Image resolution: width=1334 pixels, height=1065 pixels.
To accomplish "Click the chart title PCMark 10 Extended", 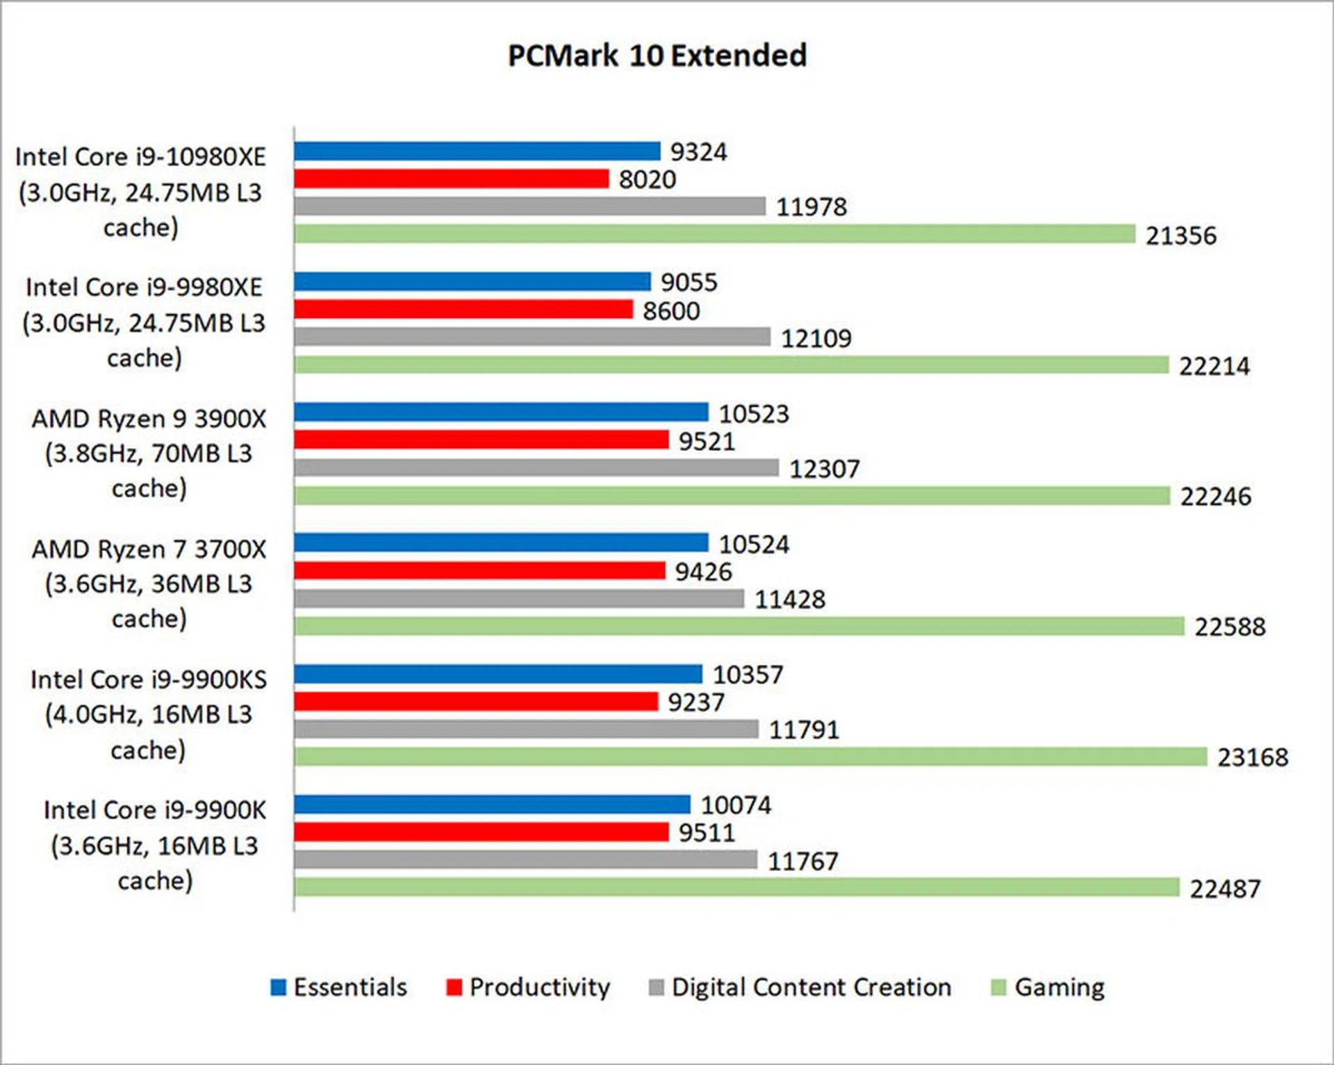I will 657,56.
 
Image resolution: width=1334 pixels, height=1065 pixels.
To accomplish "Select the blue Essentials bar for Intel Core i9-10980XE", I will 477,151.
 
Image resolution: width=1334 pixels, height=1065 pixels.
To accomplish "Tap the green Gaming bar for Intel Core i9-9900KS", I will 750,757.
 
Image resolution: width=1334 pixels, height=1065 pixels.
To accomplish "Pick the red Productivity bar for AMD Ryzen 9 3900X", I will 481,440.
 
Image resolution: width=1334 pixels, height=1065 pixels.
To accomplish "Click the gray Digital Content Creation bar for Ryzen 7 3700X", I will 519,598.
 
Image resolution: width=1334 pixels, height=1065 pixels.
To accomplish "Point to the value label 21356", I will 1180,236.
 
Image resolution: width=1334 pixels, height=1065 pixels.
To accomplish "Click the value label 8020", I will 647,179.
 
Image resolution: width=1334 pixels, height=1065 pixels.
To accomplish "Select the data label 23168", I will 1252,757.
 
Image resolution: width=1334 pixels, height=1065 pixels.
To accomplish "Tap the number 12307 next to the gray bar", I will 824,469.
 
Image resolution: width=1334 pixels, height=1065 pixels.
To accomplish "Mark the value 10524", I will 753,544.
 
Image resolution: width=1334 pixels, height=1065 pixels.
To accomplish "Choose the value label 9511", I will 706,832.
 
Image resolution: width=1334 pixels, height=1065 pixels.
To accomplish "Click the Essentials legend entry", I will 339,987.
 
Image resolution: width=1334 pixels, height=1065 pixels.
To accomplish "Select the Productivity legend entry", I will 528,987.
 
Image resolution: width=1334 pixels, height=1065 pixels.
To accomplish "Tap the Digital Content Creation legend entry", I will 800,987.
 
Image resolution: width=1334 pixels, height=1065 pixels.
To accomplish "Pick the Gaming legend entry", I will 1048,987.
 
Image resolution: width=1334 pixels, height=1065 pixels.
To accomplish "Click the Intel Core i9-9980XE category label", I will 144,322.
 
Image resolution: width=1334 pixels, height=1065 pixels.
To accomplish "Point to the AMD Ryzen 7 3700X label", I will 149,584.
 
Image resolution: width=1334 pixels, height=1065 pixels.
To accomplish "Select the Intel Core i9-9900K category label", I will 154,845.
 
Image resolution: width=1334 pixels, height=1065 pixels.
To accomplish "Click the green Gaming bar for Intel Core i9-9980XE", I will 731,365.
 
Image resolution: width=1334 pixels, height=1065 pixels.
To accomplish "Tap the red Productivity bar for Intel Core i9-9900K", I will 481,832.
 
